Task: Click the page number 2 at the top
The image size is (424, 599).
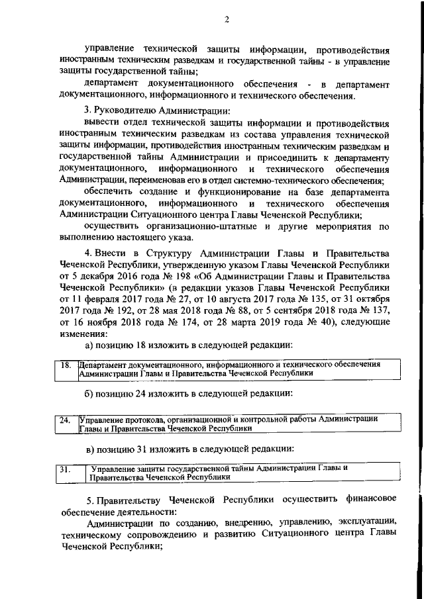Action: tap(226, 19)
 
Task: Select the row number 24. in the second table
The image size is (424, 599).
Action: tap(65, 420)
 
